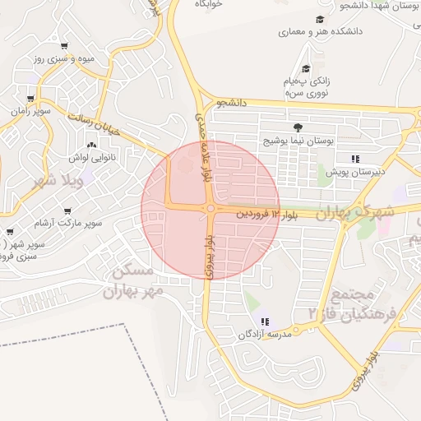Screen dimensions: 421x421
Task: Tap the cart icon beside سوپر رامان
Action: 30,98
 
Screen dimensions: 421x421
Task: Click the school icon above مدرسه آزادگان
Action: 264,322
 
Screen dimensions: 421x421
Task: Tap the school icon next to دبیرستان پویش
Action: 354,159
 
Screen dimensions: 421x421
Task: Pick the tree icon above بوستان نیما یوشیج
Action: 297,127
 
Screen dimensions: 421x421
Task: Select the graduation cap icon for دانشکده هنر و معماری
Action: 319,20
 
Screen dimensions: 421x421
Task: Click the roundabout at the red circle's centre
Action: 210,209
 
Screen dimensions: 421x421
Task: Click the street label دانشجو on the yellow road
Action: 231,104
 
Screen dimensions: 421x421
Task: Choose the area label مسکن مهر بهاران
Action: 130,280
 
